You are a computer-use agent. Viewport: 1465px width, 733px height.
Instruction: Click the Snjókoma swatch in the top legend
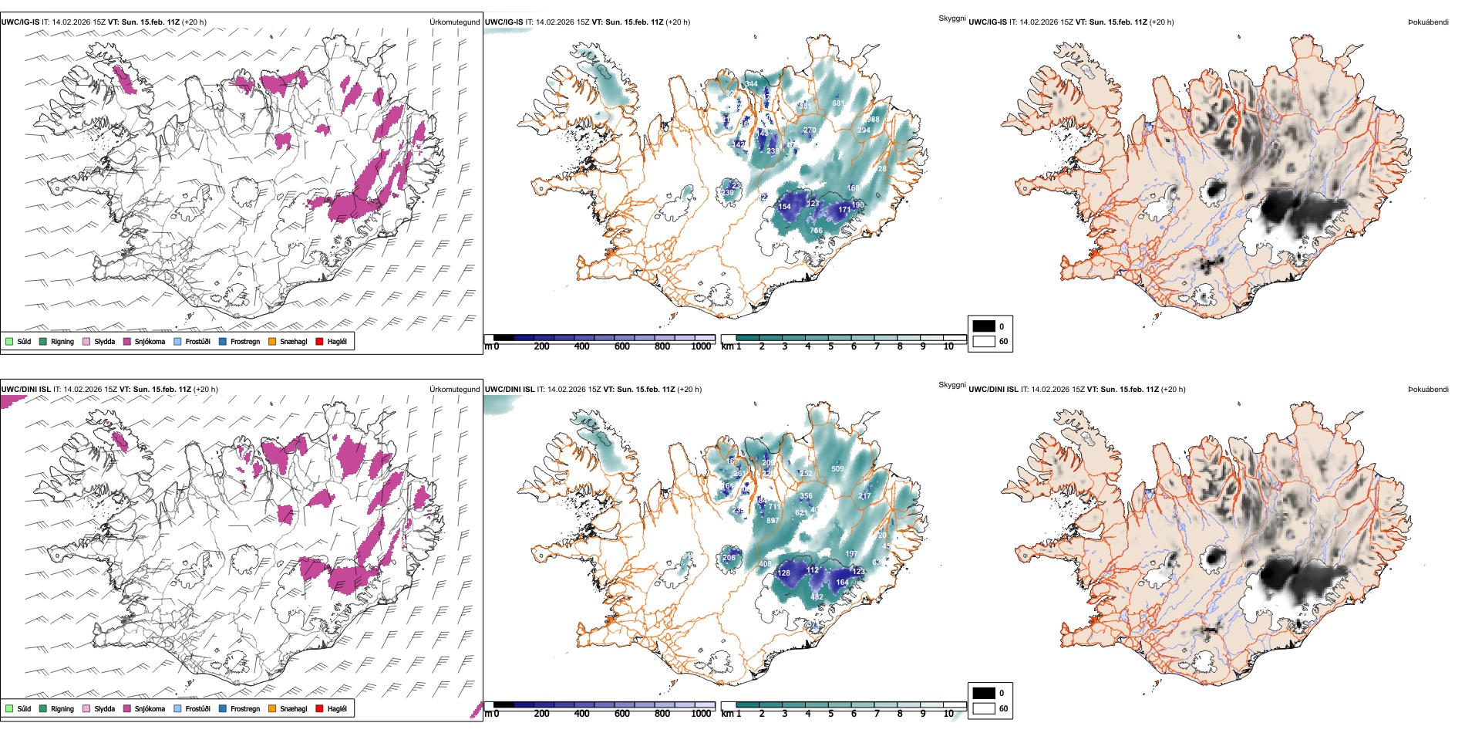pos(127,341)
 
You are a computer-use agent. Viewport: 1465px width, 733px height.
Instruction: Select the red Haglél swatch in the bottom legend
pos(319,708)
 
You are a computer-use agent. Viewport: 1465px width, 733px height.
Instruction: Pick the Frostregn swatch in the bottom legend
pos(223,708)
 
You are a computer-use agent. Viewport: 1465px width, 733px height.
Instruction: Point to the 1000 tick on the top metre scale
pos(701,346)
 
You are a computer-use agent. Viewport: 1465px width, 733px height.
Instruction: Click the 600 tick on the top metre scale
pos(621,346)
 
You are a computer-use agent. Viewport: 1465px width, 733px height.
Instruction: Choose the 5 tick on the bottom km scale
pos(830,714)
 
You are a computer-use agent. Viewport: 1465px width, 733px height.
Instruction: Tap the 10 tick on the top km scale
pos(948,346)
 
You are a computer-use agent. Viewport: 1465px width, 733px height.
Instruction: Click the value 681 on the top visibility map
pos(838,103)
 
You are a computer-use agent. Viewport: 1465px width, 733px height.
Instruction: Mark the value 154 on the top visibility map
pos(784,207)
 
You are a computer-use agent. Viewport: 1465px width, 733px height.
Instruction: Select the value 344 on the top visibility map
pos(751,84)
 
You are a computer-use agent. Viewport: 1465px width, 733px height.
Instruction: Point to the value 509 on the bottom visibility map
pos(837,469)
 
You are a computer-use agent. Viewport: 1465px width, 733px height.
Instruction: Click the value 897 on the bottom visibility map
pos(772,521)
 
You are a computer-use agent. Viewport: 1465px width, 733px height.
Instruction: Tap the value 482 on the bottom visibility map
pos(817,597)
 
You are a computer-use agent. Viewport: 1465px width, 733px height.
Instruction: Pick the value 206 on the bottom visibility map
pos(729,557)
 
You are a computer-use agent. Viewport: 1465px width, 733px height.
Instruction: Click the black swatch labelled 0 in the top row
pos(984,326)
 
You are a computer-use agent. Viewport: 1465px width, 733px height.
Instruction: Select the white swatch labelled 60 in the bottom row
pos(984,708)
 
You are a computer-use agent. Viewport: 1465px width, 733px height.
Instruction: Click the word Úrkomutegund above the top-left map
pos(454,22)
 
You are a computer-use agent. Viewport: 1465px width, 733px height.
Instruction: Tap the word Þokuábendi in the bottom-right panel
pos(1428,390)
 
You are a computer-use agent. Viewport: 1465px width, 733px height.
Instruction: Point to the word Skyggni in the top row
pos(951,19)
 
